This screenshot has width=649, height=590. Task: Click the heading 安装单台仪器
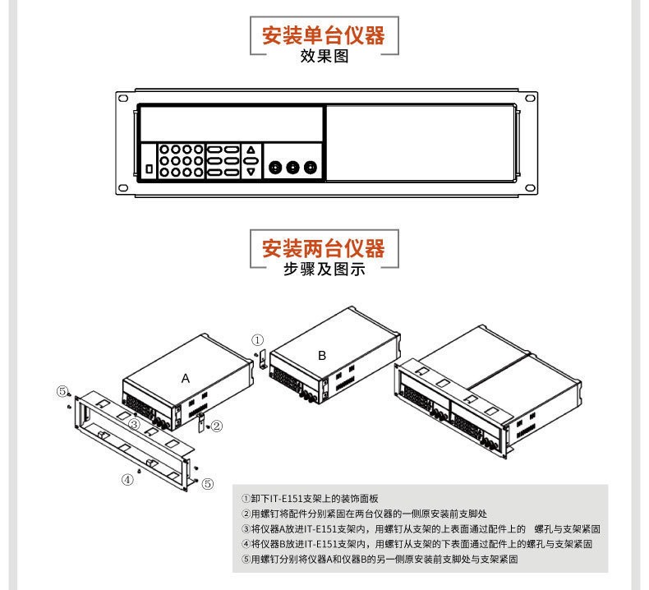tap(323, 35)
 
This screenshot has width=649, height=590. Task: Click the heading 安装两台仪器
tap(323, 247)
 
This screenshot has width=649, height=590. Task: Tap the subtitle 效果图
tap(324, 57)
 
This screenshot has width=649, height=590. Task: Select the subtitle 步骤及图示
tap(324, 269)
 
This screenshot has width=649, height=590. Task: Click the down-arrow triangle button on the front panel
tap(251, 172)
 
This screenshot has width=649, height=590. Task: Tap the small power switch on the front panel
tap(149, 168)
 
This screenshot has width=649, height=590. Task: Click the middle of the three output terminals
tap(292, 168)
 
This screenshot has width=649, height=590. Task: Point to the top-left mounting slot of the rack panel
tap(122, 98)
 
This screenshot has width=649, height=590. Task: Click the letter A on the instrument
tap(186, 378)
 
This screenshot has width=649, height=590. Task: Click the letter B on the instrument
tap(322, 355)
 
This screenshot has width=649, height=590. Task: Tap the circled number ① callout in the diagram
tap(257, 339)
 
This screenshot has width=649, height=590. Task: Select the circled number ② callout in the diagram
tap(216, 426)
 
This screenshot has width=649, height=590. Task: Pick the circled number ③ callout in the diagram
tap(132, 424)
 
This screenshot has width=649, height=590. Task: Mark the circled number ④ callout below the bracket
tap(127, 480)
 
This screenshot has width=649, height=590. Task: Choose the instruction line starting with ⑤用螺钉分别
tap(380, 558)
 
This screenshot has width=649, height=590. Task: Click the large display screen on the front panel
tap(230, 124)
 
